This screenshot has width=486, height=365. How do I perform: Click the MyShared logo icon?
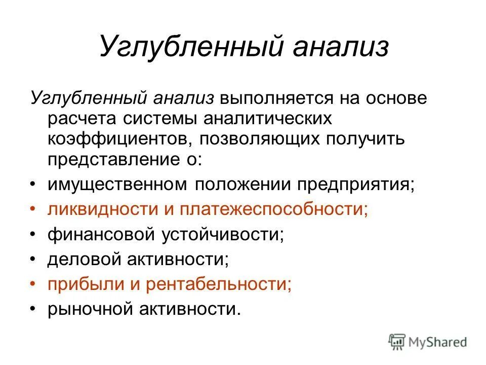pos(397,342)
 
